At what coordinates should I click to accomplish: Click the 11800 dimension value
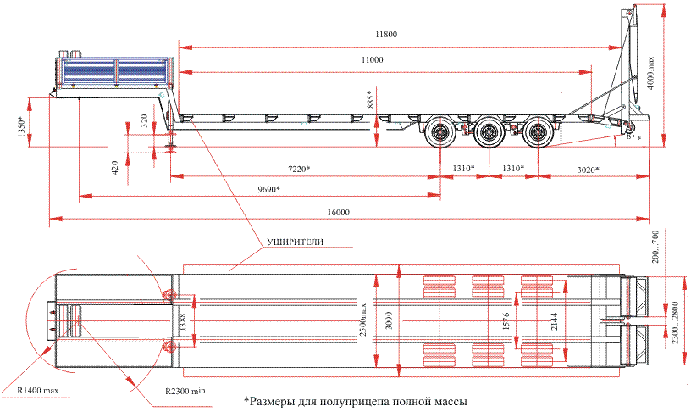385,35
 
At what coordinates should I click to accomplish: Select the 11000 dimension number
372,60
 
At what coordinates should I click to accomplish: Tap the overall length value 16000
338,212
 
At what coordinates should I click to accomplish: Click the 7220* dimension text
298,170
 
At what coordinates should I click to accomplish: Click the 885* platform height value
369,103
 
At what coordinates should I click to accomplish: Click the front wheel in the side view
440,133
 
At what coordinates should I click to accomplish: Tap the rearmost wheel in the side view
535,133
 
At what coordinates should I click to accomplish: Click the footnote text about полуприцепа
356,400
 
